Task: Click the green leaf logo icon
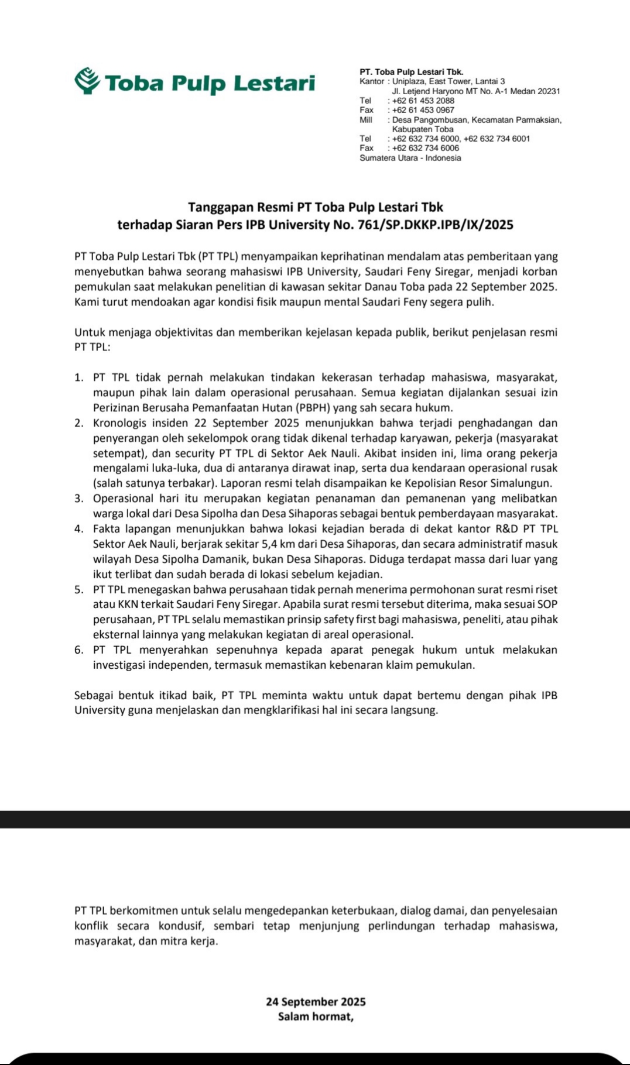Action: coord(87,81)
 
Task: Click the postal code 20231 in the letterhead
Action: coord(549,91)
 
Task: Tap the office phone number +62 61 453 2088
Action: coord(423,101)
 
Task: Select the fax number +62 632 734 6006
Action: coord(425,148)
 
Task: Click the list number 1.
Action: coord(78,377)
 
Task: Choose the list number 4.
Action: coord(78,529)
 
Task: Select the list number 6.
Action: coord(78,650)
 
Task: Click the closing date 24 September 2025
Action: coord(316,1002)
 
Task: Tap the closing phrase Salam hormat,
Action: coord(316,1016)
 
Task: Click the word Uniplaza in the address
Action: coord(409,81)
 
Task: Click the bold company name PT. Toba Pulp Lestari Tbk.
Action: coord(411,72)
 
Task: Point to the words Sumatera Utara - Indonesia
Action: coord(410,158)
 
